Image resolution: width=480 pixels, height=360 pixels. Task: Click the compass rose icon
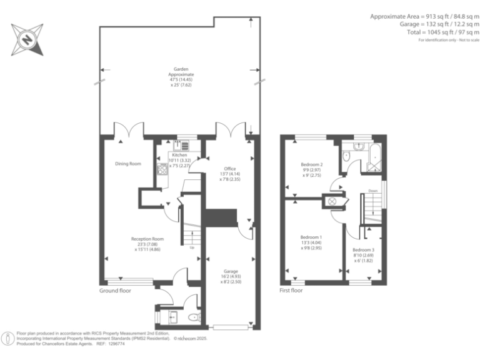pos(27,39)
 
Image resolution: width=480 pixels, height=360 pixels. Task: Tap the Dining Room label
pos(128,164)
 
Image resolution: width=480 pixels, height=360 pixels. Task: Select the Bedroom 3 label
pos(363,251)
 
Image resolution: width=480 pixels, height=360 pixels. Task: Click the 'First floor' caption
pos(292,291)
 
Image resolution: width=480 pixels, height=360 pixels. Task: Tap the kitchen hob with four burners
pos(163,168)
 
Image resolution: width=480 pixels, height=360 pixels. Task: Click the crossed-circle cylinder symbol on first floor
pos(332,201)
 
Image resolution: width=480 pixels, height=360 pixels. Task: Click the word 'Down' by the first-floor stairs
pos(372,191)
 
